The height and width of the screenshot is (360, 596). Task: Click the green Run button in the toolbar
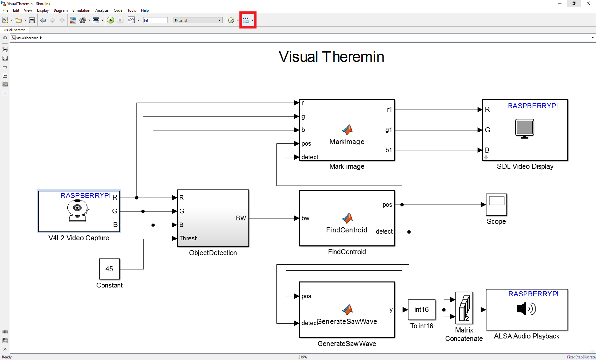111,20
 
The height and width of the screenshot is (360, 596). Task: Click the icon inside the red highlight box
246,20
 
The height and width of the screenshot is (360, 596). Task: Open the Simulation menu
81,10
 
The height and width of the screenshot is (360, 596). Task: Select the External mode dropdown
198,20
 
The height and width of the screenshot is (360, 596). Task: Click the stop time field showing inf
155,20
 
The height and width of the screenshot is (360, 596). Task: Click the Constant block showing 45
109,269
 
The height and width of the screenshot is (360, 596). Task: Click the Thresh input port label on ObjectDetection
188,238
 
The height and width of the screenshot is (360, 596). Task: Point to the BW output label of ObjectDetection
241,218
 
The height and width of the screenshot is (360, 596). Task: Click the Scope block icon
496,204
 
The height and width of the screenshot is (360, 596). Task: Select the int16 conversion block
422,309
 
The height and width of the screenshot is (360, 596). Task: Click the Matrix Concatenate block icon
464,308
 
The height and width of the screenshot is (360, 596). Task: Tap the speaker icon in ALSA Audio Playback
526,309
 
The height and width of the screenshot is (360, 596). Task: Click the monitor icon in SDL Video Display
524,128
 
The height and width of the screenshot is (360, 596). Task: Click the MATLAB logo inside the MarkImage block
347,129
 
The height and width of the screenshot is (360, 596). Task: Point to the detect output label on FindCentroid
384,232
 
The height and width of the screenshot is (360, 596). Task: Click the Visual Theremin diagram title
331,57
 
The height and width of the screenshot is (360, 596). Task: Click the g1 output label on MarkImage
389,130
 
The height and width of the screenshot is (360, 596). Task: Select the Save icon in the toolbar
32,20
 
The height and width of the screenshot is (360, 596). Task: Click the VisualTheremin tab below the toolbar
15,30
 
